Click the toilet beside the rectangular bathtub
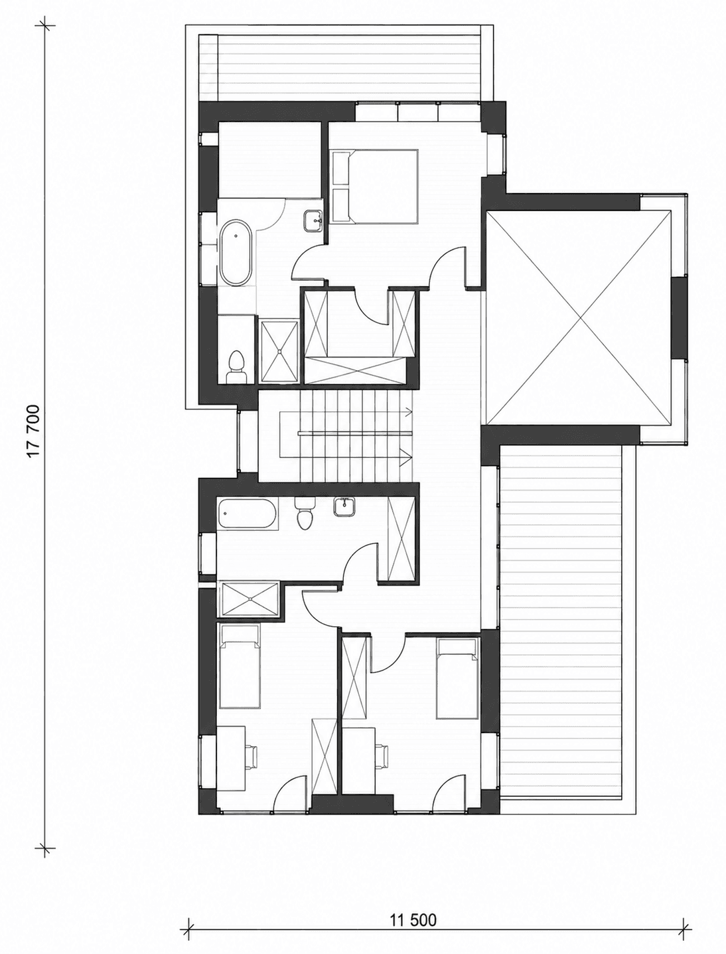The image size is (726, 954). (305, 513)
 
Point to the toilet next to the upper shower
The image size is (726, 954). (237, 368)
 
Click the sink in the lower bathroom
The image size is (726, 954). (345, 507)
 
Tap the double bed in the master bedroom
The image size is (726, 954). (374, 186)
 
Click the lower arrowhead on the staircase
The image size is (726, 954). (406, 456)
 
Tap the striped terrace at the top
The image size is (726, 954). (348, 68)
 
